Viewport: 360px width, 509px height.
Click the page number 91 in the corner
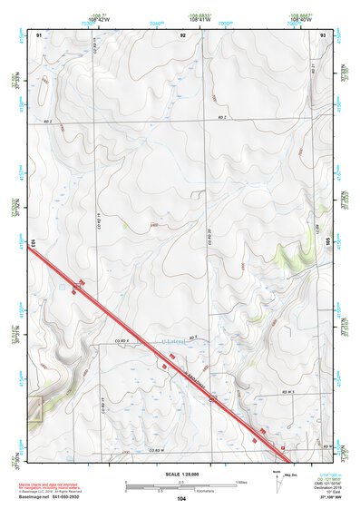[39, 34]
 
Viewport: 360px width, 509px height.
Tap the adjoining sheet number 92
[183, 34]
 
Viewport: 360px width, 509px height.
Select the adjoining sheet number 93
[323, 34]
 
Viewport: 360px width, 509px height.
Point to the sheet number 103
[33, 242]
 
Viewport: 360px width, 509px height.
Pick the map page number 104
[181, 498]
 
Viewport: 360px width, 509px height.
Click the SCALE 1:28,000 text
[180, 474]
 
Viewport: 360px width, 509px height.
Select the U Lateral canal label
[172, 342]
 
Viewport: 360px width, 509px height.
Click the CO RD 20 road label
[209, 238]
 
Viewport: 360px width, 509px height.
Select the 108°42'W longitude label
[98, 19]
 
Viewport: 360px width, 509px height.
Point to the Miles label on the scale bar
[241, 481]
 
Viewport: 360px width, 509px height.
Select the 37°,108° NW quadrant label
[331, 496]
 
